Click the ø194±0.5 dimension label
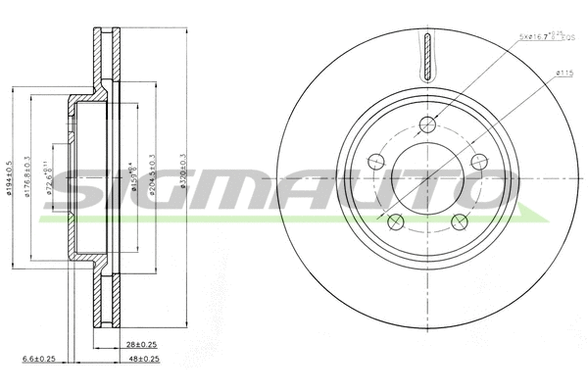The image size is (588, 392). (10, 177)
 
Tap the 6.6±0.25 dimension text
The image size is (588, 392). (38, 360)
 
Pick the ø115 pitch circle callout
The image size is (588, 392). (563, 72)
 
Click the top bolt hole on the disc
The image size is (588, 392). (428, 123)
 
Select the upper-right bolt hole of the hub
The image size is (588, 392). (479, 161)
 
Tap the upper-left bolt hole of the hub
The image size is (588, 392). (376, 161)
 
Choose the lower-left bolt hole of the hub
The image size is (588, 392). (396, 220)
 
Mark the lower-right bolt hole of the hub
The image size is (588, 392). (460, 220)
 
